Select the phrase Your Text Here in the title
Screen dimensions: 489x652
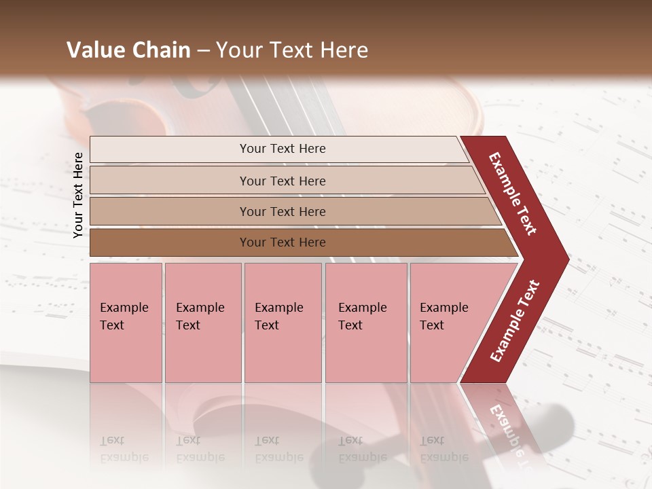point(292,50)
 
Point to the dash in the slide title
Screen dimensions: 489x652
point(203,51)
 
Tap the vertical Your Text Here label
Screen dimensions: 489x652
point(78,195)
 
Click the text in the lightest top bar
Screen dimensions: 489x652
point(283,149)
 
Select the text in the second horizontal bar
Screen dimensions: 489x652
point(283,181)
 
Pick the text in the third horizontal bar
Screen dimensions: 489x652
point(283,211)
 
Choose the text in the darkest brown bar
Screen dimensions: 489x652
point(283,242)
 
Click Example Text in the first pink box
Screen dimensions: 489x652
point(124,316)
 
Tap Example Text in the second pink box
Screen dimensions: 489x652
point(200,316)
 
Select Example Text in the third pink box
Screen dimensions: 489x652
point(278,316)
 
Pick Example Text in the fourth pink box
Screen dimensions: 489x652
point(362,316)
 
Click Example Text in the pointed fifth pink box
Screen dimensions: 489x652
point(443,316)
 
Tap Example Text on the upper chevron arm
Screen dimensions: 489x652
point(513,194)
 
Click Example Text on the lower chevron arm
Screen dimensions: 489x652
point(515,321)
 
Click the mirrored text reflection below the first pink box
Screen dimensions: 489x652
point(124,449)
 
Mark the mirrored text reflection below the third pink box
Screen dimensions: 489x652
point(278,449)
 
